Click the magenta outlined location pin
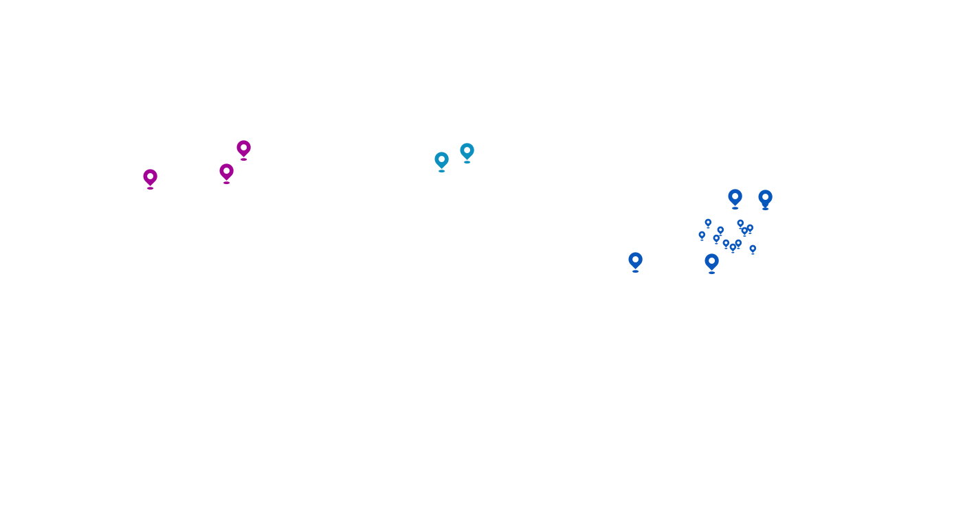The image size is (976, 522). click(x=243, y=149)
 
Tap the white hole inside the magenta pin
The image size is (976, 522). click(x=243, y=147)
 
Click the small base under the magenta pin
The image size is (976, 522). click(x=243, y=159)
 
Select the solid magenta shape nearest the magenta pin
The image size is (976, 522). click(x=225, y=174)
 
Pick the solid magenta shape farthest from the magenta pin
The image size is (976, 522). click(x=149, y=179)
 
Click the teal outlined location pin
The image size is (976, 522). click(x=441, y=161)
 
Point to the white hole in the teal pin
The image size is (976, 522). click(x=441, y=159)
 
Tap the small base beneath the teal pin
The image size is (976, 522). click(x=441, y=171)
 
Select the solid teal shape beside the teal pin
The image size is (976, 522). click(x=467, y=153)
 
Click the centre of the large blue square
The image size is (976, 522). click(x=731, y=227)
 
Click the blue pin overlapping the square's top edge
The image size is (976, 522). click(x=735, y=196)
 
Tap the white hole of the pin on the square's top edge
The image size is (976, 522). click(x=735, y=195)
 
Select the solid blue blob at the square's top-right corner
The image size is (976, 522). click(x=765, y=198)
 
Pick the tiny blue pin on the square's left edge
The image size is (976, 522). click(x=702, y=236)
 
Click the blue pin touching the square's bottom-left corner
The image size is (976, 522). click(x=711, y=262)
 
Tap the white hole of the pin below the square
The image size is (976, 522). click(x=711, y=260)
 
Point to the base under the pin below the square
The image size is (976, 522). click(x=711, y=273)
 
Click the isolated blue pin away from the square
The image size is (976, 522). click(x=635, y=260)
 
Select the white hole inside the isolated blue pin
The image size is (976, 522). click(x=635, y=259)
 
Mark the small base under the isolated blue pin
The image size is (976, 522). click(x=635, y=271)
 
